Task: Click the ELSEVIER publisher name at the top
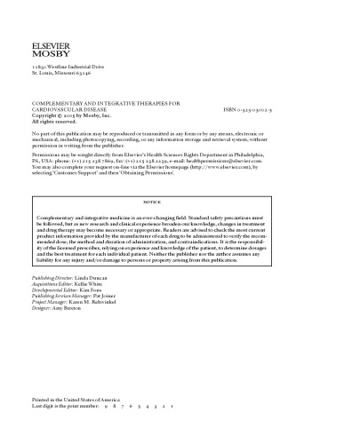pos(51,43)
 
